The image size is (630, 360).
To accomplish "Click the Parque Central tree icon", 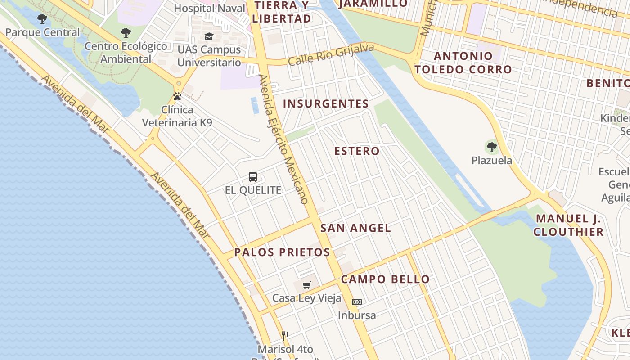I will (x=42, y=19).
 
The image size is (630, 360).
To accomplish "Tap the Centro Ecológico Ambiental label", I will (x=126, y=52).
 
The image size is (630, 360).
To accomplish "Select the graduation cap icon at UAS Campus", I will (x=209, y=36).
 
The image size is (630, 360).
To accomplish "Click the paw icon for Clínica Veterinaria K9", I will (x=177, y=96).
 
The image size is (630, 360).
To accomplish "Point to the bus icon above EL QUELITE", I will (x=253, y=177).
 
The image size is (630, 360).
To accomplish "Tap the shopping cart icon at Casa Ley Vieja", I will (x=307, y=285).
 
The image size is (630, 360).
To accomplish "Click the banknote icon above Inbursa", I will (x=357, y=302).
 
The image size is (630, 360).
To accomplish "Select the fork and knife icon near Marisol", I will (x=285, y=336).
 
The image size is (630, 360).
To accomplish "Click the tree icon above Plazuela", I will (x=491, y=147).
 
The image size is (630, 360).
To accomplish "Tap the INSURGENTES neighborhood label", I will (x=326, y=104).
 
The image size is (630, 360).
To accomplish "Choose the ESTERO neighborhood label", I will (x=357, y=151).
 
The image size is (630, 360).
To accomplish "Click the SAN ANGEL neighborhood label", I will (x=355, y=228).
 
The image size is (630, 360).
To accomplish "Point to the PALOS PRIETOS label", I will (x=282, y=252).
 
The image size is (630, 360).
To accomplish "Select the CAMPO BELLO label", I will (x=385, y=279).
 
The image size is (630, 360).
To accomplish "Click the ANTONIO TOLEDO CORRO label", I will (x=463, y=63).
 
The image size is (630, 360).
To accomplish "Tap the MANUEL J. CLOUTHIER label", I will (x=569, y=225).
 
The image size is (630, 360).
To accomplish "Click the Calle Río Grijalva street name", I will (x=331, y=54).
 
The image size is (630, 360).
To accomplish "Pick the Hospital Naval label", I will (x=209, y=8).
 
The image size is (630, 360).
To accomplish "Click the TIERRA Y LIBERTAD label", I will (x=282, y=12).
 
